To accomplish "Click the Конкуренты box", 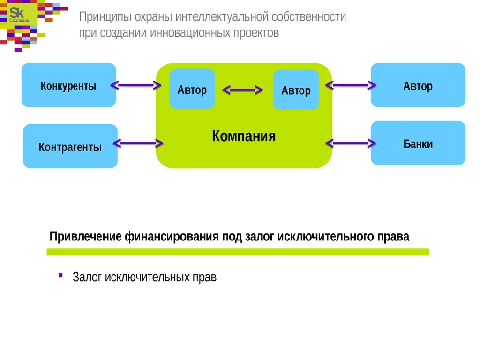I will (x=68, y=85).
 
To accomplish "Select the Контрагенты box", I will (x=70, y=146).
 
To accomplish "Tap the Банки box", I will (x=418, y=143).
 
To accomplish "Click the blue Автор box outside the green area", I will (x=418, y=85).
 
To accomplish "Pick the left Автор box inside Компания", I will (x=192, y=89).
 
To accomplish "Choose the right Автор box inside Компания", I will (x=296, y=90).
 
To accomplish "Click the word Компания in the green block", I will (x=244, y=136).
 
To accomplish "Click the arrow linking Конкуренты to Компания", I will (x=135, y=85).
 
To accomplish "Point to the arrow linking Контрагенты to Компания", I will (x=138, y=143).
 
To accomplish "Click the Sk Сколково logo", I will (x=19, y=15).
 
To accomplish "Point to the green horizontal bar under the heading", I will (x=238, y=252).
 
